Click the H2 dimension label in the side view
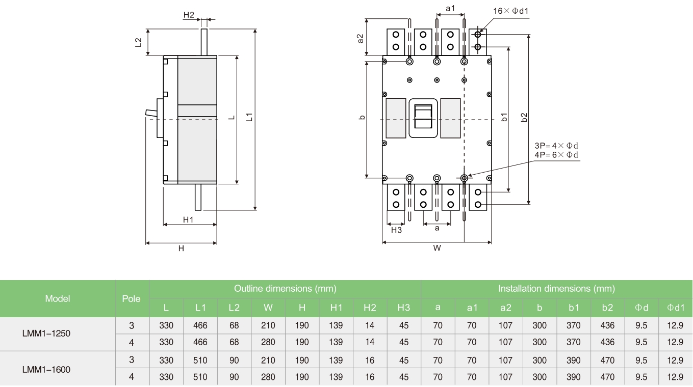[x=189, y=15]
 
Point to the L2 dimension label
[x=138, y=42]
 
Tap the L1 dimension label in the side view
[x=249, y=118]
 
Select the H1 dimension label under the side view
[x=189, y=219]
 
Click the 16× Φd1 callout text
[x=514, y=11]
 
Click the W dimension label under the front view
[x=437, y=248]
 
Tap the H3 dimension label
[x=396, y=230]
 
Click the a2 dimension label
[x=360, y=38]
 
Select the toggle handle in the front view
[x=423, y=117]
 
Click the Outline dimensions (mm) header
[x=285, y=289]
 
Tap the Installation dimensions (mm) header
[x=556, y=289]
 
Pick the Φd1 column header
[x=676, y=308]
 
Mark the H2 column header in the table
[x=370, y=308]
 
